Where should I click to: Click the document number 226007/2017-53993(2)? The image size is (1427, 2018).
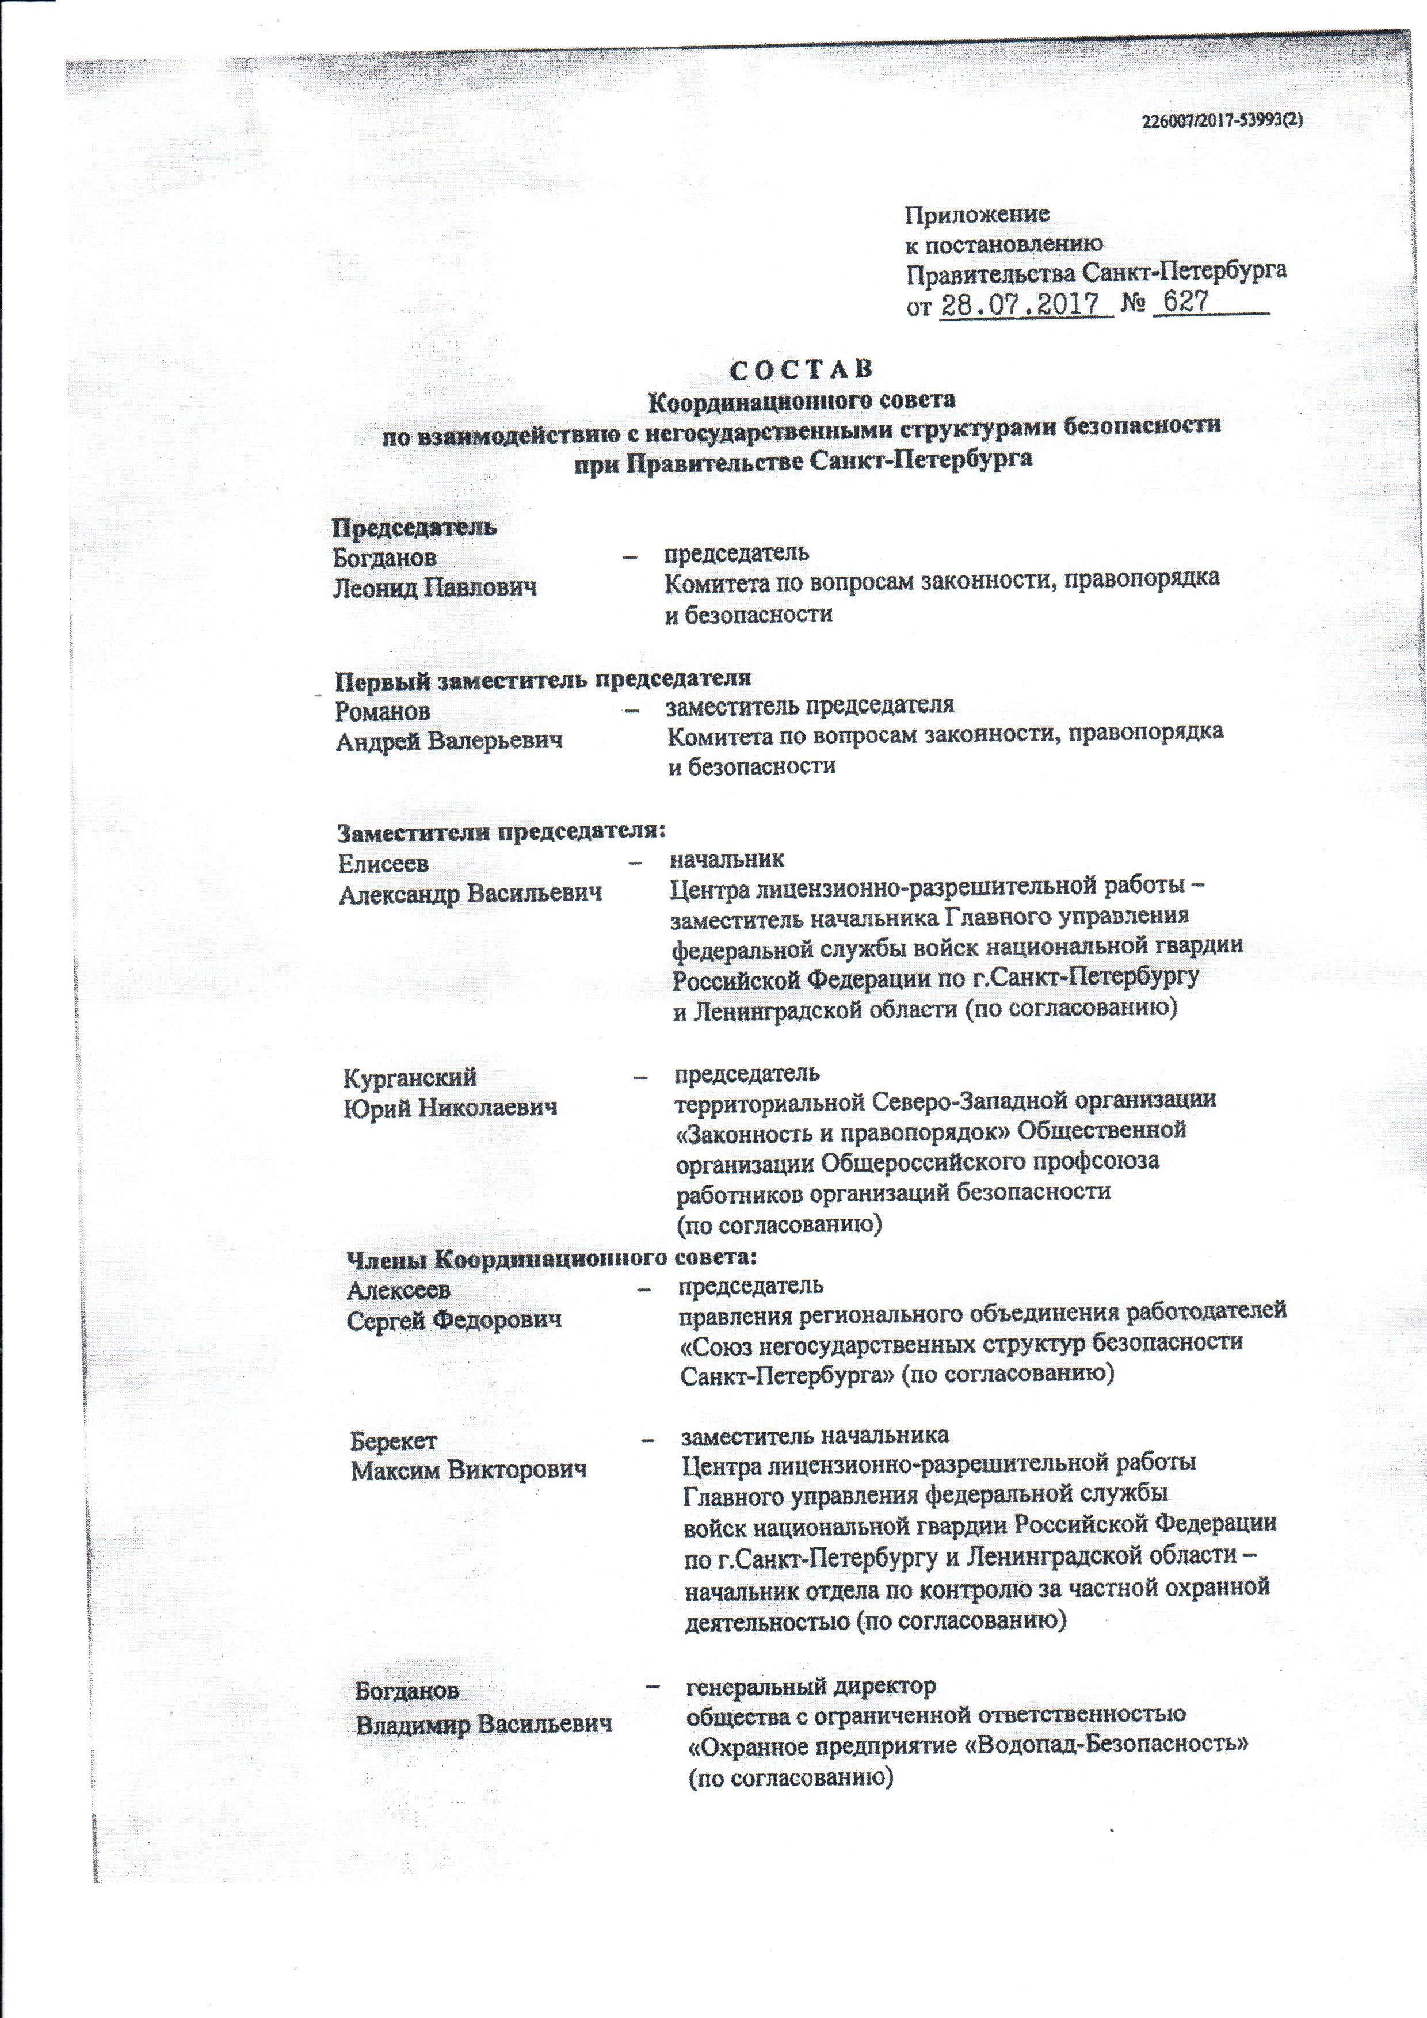[x=1222, y=122]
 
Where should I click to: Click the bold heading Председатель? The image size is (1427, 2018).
[x=414, y=528]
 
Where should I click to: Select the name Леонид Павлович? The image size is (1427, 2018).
[x=435, y=587]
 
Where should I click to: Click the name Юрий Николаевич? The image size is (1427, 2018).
[x=451, y=1108]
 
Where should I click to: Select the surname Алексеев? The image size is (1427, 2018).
[x=399, y=1290]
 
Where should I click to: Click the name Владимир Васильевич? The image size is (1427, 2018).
[x=483, y=1725]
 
